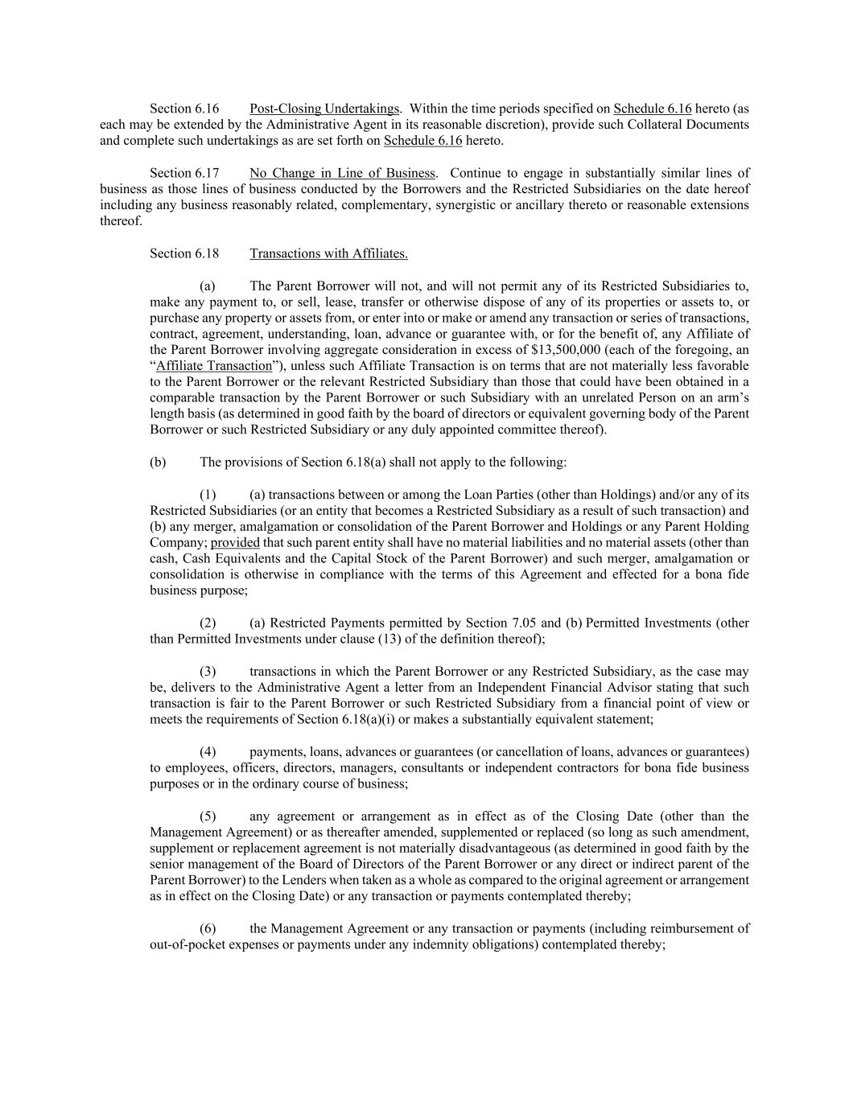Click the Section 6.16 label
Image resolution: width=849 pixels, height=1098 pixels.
(184, 109)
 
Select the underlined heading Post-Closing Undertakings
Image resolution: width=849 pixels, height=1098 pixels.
(324, 109)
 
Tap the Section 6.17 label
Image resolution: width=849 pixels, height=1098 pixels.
(184, 173)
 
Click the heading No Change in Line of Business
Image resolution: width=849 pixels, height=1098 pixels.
(343, 173)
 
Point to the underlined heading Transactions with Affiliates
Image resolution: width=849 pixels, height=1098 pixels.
(328, 253)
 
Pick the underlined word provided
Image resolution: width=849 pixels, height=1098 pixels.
(235, 543)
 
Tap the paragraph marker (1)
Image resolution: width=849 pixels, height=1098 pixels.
(208, 495)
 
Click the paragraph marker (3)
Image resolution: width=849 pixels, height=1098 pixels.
(208, 672)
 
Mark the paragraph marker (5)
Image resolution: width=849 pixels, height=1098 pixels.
(208, 816)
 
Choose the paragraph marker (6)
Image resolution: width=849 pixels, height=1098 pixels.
(208, 929)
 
